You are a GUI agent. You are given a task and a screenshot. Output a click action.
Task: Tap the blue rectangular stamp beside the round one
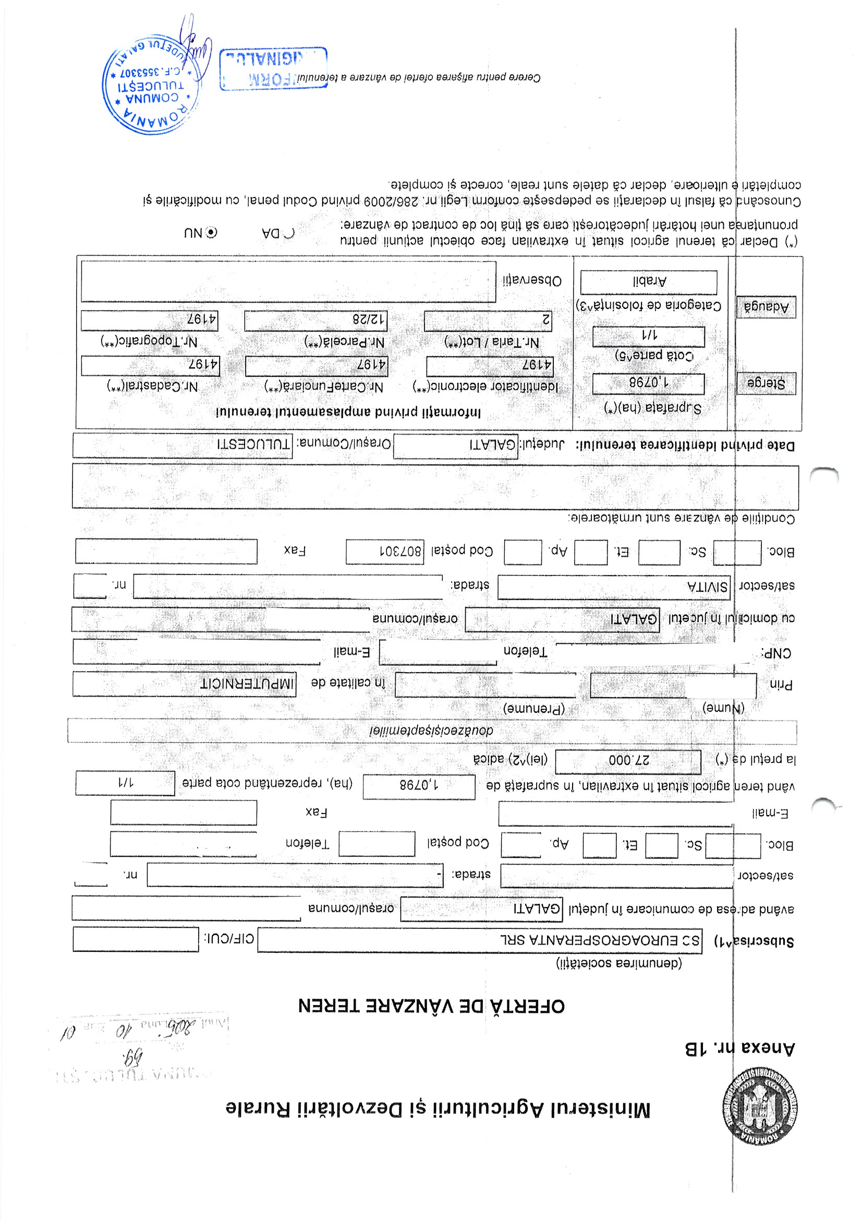pyautogui.click(x=273, y=68)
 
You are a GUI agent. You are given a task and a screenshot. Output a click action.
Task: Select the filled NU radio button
pyautogui.click(x=211, y=232)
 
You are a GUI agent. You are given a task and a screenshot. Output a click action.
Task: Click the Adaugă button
pyautogui.click(x=766, y=307)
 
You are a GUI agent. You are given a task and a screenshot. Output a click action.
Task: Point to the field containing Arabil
pyautogui.click(x=649, y=282)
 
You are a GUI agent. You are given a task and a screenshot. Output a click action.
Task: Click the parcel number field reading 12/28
pyautogui.click(x=315, y=320)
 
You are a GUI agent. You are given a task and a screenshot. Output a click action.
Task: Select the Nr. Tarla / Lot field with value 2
pyautogui.click(x=488, y=320)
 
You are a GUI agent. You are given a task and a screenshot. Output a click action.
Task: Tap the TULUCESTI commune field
pyautogui.click(x=182, y=445)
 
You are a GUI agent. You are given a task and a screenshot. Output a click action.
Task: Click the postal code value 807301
pyautogui.click(x=384, y=552)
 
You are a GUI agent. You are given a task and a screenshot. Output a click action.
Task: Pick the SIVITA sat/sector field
pyautogui.click(x=613, y=587)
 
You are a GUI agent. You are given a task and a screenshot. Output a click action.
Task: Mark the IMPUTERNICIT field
pyautogui.click(x=184, y=684)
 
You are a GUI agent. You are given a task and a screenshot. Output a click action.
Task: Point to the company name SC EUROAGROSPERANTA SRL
pyautogui.click(x=479, y=940)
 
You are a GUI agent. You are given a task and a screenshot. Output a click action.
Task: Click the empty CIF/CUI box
pyautogui.click(x=136, y=939)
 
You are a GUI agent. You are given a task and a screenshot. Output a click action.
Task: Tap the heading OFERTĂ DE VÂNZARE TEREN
pyautogui.click(x=431, y=1006)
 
